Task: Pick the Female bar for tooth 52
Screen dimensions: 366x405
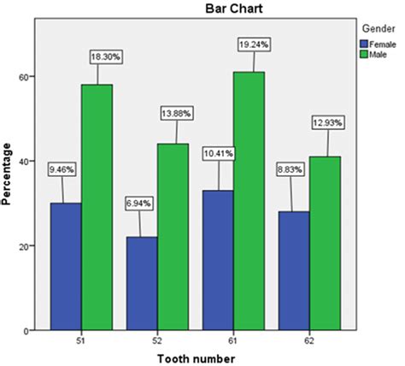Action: click(142, 283)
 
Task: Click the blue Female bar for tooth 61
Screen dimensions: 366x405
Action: click(218, 260)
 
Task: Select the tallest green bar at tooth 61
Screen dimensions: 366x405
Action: click(249, 201)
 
